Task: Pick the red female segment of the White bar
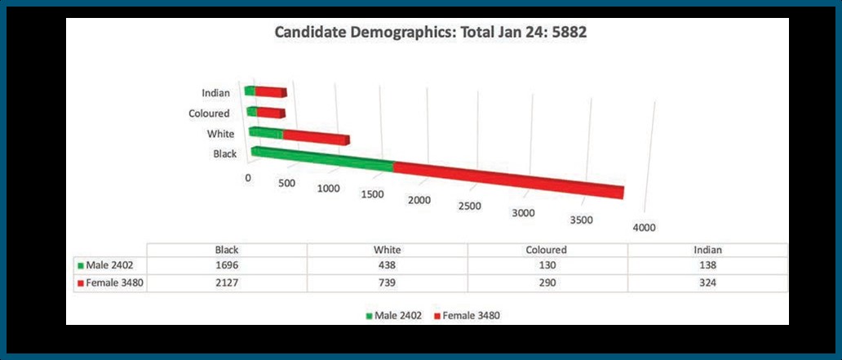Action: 316,136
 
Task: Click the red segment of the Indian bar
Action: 271,91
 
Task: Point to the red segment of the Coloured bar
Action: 271,112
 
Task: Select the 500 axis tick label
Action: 286,183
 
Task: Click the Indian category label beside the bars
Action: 215,93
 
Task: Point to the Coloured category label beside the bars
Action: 209,113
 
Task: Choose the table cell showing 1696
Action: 226,265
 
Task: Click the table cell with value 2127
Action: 226,282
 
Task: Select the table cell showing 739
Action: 387,282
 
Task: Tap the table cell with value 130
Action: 547,265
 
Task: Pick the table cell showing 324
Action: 707,282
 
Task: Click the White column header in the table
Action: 387,250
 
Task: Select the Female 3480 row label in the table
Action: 110,282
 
